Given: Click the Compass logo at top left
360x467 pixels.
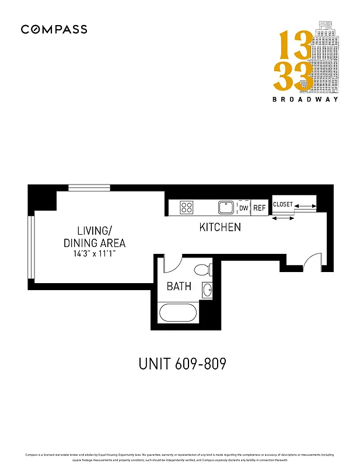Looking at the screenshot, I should click(x=54, y=29).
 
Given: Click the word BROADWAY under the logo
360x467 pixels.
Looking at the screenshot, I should click(x=305, y=99).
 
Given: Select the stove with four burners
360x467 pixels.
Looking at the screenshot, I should click(x=187, y=207).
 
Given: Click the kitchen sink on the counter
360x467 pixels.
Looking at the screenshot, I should click(x=226, y=207).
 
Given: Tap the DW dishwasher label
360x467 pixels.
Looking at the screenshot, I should click(x=243, y=208).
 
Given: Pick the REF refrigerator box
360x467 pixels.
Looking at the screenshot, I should click(x=259, y=208).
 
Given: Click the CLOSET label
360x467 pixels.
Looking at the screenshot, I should click(x=283, y=205).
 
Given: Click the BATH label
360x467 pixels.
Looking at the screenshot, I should click(x=179, y=287).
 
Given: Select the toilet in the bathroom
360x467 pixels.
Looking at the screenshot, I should click(x=202, y=270).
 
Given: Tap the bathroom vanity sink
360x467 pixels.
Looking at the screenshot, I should click(x=207, y=290).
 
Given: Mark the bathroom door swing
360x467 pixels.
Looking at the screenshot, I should click(x=173, y=264).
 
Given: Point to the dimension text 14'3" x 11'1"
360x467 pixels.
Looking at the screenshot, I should click(x=94, y=254).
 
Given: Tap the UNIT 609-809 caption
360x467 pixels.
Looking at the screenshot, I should click(x=182, y=364).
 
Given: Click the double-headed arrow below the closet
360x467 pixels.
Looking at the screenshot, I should click(x=283, y=218).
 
